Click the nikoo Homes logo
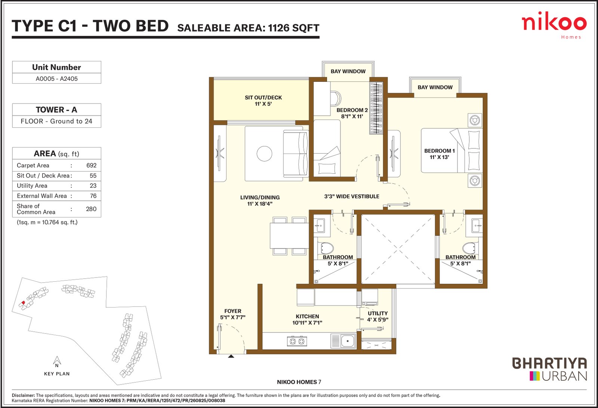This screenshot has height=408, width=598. point(554,25)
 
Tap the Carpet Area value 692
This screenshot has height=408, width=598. point(91,166)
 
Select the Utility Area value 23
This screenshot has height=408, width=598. point(93,186)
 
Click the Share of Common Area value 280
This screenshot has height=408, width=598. point(91,209)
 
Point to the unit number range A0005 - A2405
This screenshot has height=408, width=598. point(56,79)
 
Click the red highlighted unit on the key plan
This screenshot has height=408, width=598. point(23,302)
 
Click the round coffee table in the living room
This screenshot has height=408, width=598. point(264,154)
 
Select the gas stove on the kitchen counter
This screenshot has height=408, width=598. point(297,341)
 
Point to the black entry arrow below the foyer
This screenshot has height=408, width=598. point(231,356)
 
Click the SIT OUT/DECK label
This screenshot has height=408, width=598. point(263,98)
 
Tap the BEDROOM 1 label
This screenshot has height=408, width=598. point(440,151)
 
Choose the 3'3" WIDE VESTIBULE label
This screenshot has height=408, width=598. point(352,197)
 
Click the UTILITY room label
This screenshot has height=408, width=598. point(377,313)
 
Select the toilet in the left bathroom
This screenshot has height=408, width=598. point(327,248)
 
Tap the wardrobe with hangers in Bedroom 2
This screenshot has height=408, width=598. point(376,108)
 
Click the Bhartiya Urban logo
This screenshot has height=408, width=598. point(549,369)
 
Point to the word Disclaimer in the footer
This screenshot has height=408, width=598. point(23,395)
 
